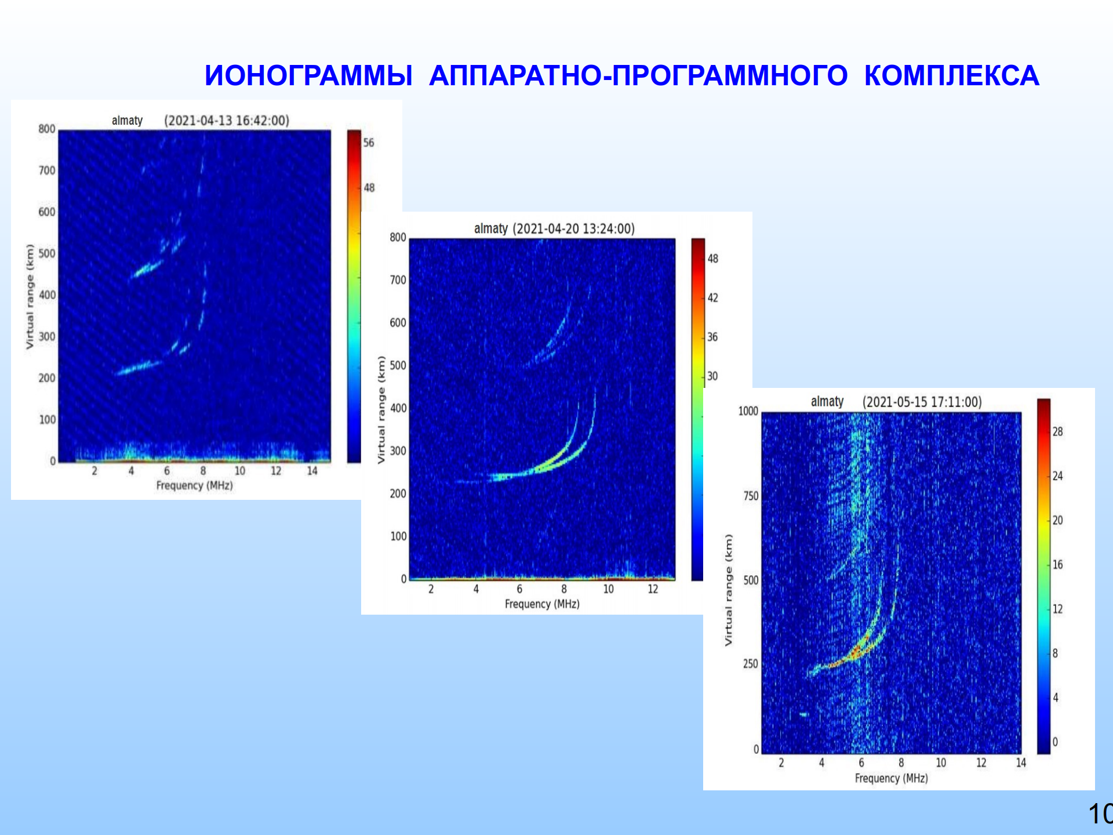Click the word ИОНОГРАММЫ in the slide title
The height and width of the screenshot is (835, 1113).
tap(308, 76)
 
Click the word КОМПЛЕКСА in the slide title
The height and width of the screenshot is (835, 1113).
tap(951, 76)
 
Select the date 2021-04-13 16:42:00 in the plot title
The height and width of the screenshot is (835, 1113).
tap(227, 121)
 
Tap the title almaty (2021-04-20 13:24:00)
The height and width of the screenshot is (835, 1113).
tap(554, 228)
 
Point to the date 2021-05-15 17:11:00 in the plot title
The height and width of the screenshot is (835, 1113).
tap(922, 402)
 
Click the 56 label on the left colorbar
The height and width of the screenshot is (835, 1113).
tap(369, 143)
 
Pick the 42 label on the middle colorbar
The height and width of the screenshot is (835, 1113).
tap(712, 297)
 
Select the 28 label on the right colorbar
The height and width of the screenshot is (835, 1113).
tap(1057, 431)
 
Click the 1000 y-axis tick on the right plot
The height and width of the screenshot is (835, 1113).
tap(748, 411)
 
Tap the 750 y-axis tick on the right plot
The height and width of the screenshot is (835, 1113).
tap(751, 496)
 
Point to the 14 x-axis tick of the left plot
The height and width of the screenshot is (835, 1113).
tap(312, 471)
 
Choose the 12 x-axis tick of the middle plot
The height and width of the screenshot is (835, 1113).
tap(653, 589)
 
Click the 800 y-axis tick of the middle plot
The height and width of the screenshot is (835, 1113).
tap(398, 237)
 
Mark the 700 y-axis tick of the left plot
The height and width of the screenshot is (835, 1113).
tap(47, 170)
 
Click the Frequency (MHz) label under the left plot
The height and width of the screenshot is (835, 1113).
tap(194, 485)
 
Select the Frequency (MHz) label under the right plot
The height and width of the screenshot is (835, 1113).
tap(891, 778)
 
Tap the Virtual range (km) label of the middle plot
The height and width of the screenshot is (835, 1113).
tap(381, 409)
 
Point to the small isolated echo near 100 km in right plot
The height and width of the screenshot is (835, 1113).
tap(803, 714)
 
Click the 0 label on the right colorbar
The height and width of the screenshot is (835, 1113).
tap(1055, 742)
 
